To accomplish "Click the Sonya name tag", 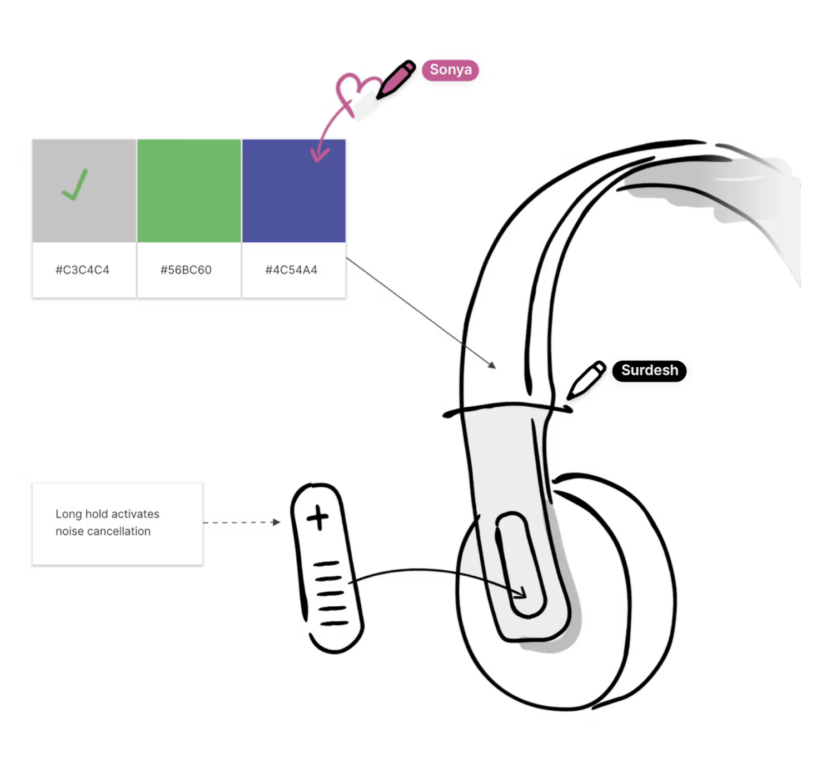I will [x=450, y=70].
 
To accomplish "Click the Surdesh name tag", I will [x=649, y=370].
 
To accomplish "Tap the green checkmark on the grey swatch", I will [x=76, y=184].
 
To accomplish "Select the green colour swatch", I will [x=189, y=191].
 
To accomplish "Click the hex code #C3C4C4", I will [x=82, y=270].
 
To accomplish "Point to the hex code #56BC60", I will [x=186, y=270].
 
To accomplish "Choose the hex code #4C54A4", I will [x=291, y=270].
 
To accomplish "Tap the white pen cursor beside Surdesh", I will [x=586, y=379].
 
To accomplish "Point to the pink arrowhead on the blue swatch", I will [x=319, y=153].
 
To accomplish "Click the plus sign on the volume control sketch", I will [x=318, y=518].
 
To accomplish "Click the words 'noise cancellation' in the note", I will [x=103, y=531].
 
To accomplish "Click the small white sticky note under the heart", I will [x=365, y=106].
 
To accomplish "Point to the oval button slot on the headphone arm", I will [x=520, y=564].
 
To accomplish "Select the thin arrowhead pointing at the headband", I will [x=492, y=366].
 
